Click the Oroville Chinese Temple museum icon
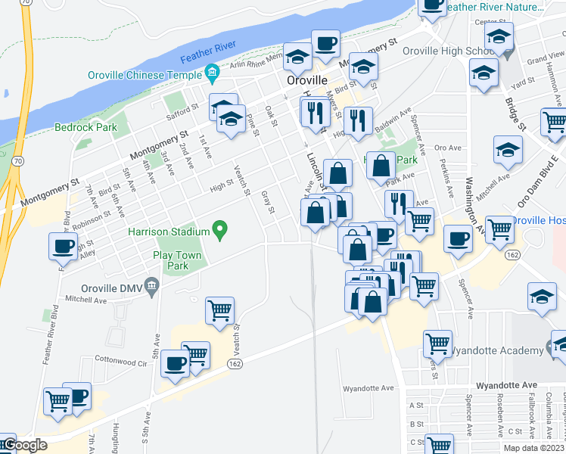coord(211,74)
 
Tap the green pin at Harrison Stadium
coord(220,229)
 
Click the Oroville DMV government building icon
coord(152,285)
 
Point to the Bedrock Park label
coord(86,127)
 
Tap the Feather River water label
coord(208,53)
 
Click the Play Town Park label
coord(177,261)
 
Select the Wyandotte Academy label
coord(497,350)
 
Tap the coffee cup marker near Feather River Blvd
coord(63,245)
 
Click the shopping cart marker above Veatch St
coord(219,309)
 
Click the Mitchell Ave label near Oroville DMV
coord(85,300)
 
